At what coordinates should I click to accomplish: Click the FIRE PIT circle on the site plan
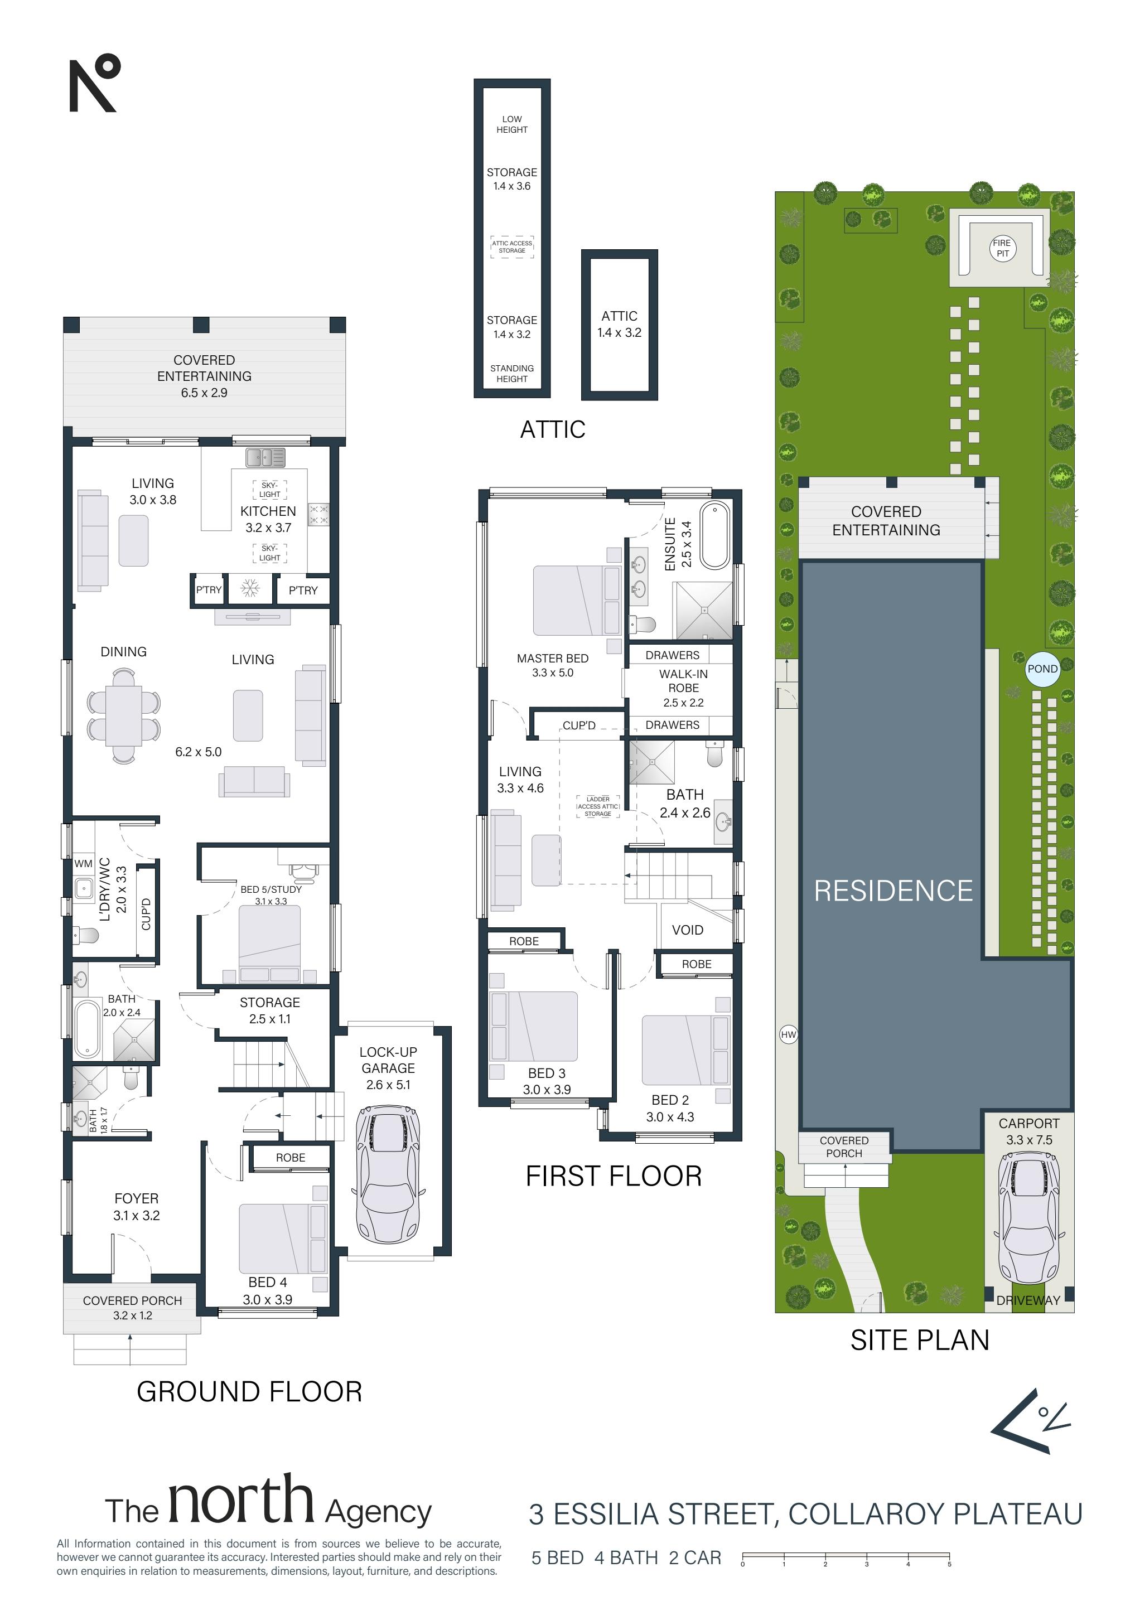(1002, 248)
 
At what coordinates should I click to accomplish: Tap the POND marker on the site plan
(1042, 669)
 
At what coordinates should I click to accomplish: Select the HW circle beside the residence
(789, 1034)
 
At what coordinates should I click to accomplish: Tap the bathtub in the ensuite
(715, 535)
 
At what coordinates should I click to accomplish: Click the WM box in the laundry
(83, 864)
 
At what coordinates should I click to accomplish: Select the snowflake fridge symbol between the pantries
(250, 588)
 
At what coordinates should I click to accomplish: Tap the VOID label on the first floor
(687, 930)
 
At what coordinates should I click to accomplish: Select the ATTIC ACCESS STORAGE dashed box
(511, 247)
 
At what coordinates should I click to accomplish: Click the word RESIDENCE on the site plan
(893, 891)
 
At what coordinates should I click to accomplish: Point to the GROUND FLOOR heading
(249, 1391)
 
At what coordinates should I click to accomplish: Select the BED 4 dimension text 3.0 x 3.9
(267, 1299)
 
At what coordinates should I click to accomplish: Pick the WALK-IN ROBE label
(683, 680)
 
